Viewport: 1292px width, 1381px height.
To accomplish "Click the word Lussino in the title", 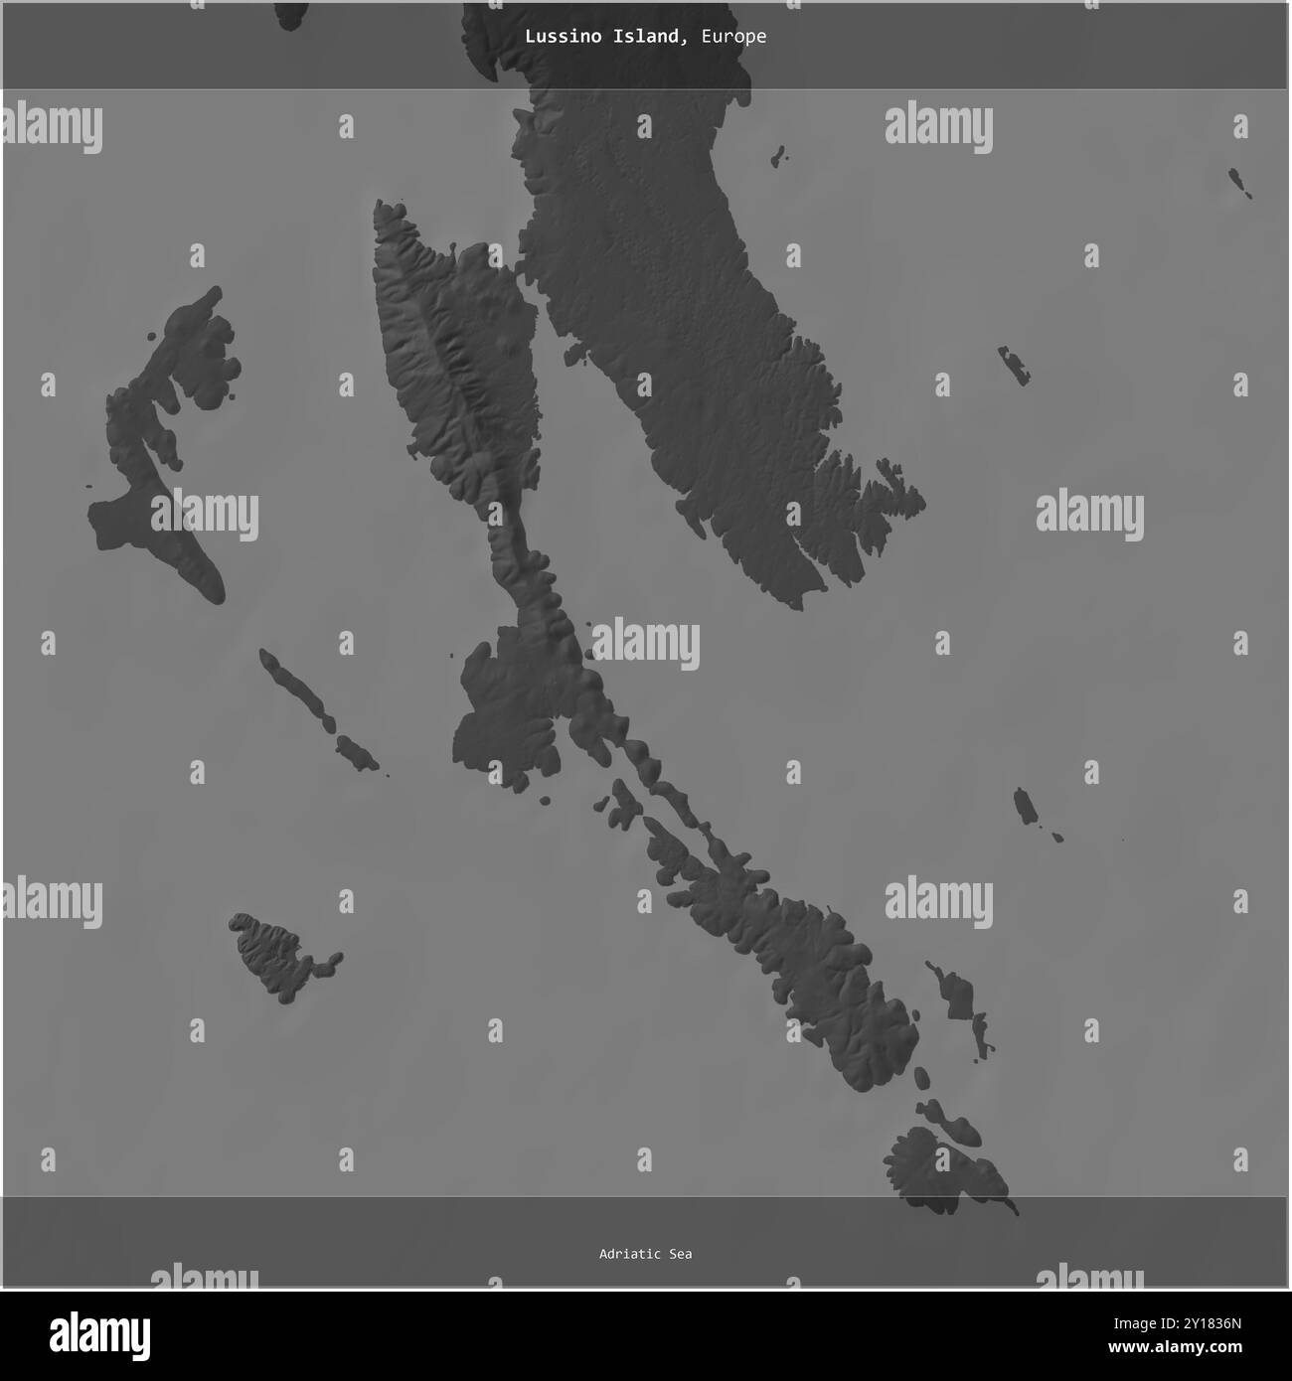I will click(554, 37).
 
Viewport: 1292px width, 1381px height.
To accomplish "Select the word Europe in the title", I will click(732, 37).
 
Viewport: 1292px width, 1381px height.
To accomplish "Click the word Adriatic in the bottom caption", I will click(630, 1254).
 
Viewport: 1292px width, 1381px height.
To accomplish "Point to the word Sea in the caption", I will click(680, 1254).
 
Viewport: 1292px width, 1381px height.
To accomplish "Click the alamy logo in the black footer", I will click(99, 1333).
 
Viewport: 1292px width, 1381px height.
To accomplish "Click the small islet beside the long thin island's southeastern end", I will click(356, 752).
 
